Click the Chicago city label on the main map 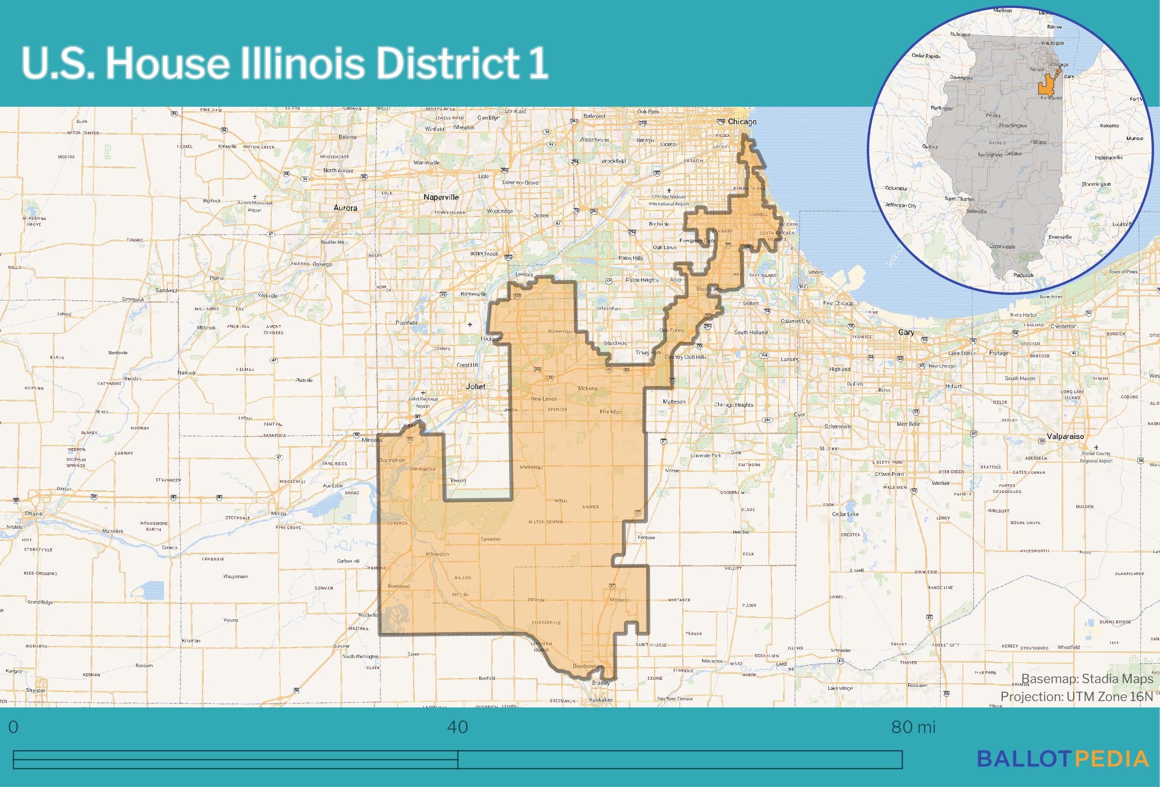pyautogui.click(x=742, y=122)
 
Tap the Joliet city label pyautogui.click(x=476, y=386)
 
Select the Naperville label pyautogui.click(x=441, y=197)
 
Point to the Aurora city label pyautogui.click(x=345, y=207)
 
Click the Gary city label pyautogui.click(x=906, y=332)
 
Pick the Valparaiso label pyautogui.click(x=1065, y=436)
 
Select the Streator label pyautogui.click(x=35, y=690)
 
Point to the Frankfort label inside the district pyautogui.click(x=611, y=412)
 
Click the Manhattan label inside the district pyautogui.click(x=531, y=467)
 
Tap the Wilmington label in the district pyautogui.click(x=437, y=554)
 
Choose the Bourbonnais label pyautogui.click(x=588, y=666)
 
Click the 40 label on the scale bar pyautogui.click(x=458, y=727)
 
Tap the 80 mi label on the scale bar pyautogui.click(x=913, y=727)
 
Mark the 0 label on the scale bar pyautogui.click(x=14, y=727)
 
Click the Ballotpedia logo pyautogui.click(x=1063, y=758)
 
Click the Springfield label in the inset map pyautogui.click(x=990, y=155)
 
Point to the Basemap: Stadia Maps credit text pyautogui.click(x=1087, y=679)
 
